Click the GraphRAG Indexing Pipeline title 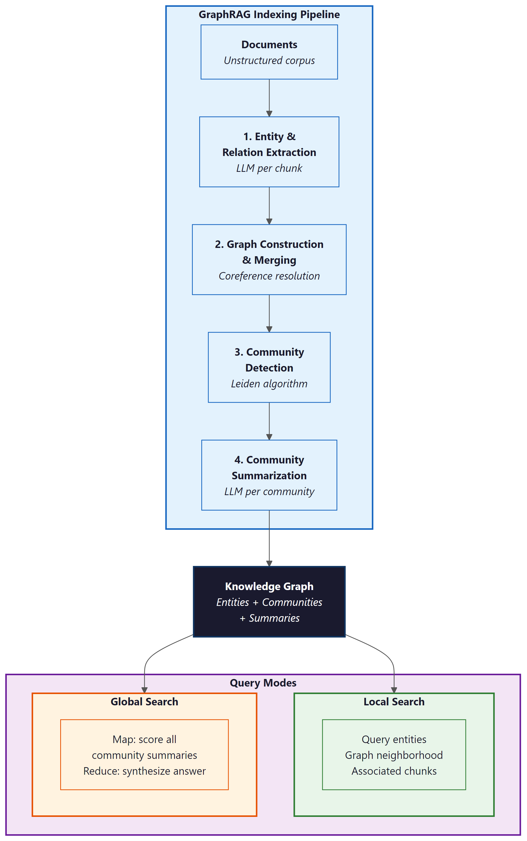point(269,15)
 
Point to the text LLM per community point(269,492)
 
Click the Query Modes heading point(263,683)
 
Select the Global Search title point(144,702)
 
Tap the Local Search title point(394,702)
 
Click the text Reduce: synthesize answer point(144,771)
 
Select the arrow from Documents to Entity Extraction point(269,98)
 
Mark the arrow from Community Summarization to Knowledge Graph point(269,539)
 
